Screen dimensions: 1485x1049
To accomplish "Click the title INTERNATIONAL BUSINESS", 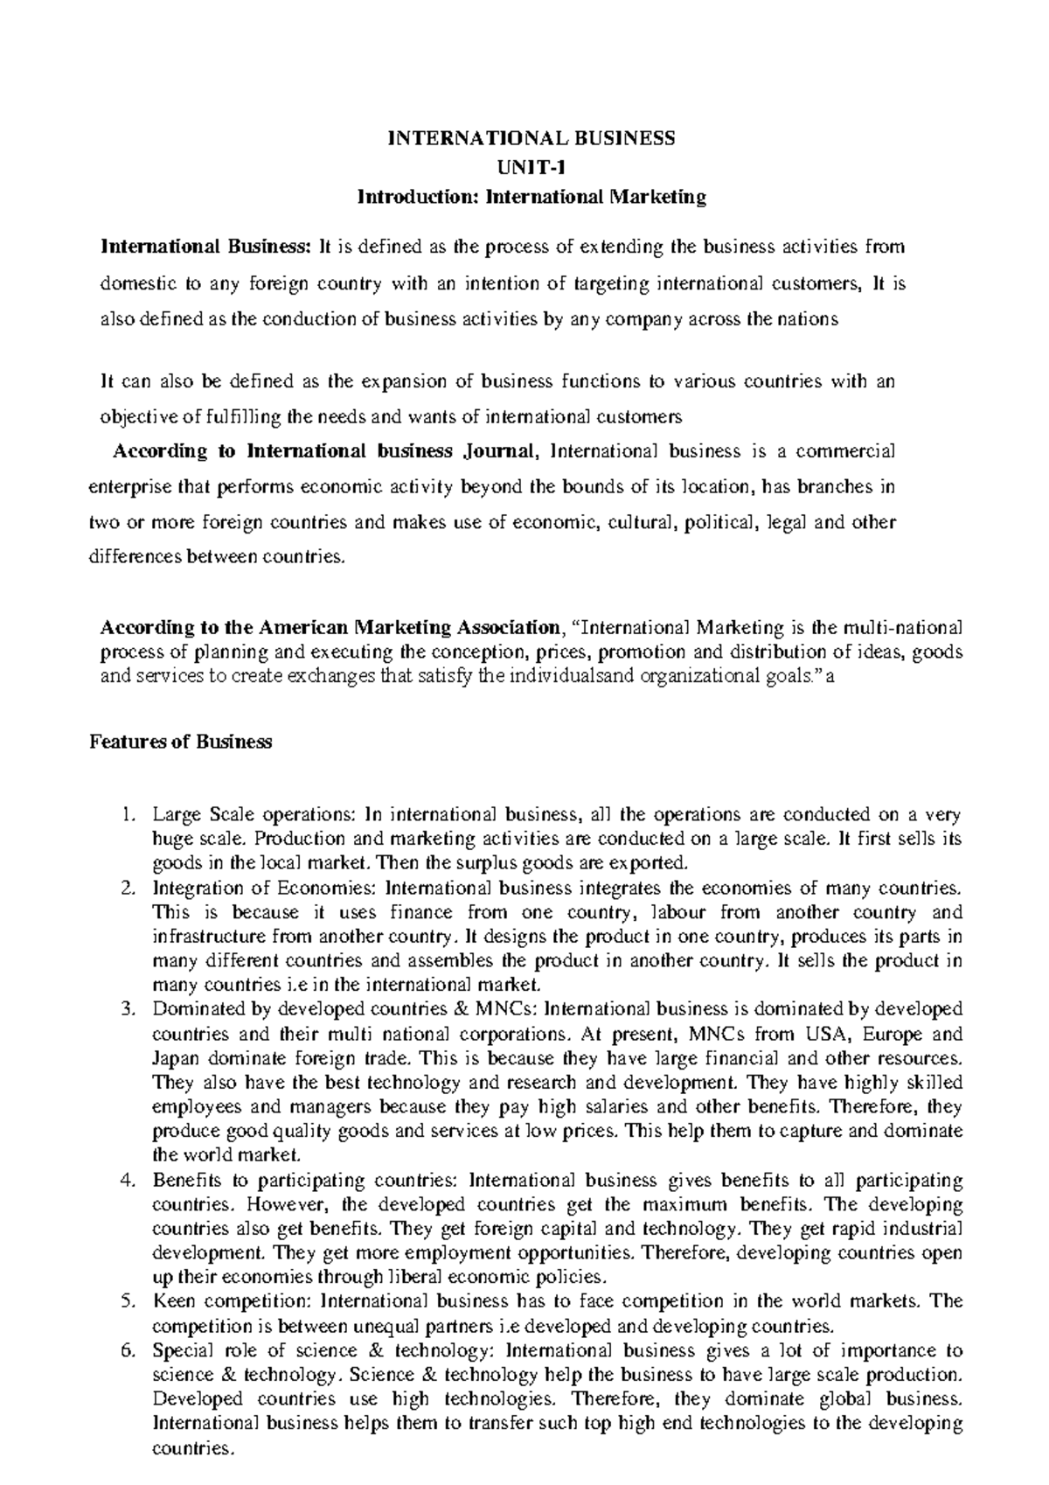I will click(x=531, y=138).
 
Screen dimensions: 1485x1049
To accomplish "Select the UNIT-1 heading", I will click(x=531, y=167).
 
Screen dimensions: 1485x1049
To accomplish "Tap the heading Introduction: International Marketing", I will click(x=531, y=197).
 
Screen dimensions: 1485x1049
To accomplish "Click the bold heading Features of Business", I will click(x=181, y=742).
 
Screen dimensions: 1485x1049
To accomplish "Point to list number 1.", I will click(x=129, y=816).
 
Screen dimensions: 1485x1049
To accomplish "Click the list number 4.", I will click(x=129, y=1181).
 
